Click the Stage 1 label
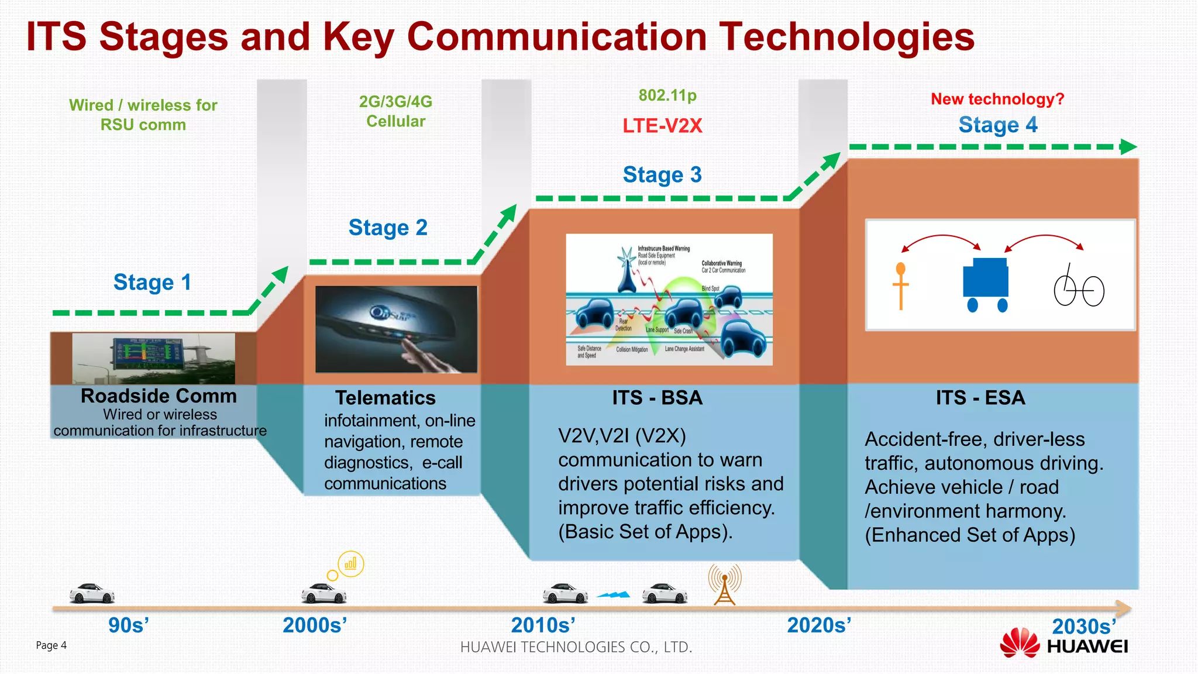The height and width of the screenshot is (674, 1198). click(152, 283)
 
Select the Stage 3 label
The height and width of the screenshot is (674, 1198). click(662, 175)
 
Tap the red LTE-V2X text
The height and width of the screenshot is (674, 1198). click(662, 126)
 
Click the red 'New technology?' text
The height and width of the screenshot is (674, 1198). click(997, 99)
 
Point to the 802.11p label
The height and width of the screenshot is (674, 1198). click(667, 95)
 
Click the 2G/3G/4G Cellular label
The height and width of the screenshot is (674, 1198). click(395, 111)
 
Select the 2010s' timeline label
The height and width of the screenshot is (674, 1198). click(543, 625)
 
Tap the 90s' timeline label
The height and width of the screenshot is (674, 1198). click(129, 625)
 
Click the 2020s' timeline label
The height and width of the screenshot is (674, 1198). click(818, 625)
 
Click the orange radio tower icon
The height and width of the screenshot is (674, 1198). click(724, 584)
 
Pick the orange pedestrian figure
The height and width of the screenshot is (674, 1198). click(900, 286)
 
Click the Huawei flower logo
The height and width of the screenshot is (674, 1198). click(1019, 642)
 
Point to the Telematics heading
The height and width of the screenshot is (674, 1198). click(385, 398)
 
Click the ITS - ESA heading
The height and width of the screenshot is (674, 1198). click(980, 398)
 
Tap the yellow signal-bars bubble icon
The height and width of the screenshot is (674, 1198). click(350, 564)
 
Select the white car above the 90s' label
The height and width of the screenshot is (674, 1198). click(92, 593)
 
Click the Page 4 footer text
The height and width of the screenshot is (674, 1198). click(51, 645)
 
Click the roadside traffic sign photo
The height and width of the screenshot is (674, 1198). click(153, 358)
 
